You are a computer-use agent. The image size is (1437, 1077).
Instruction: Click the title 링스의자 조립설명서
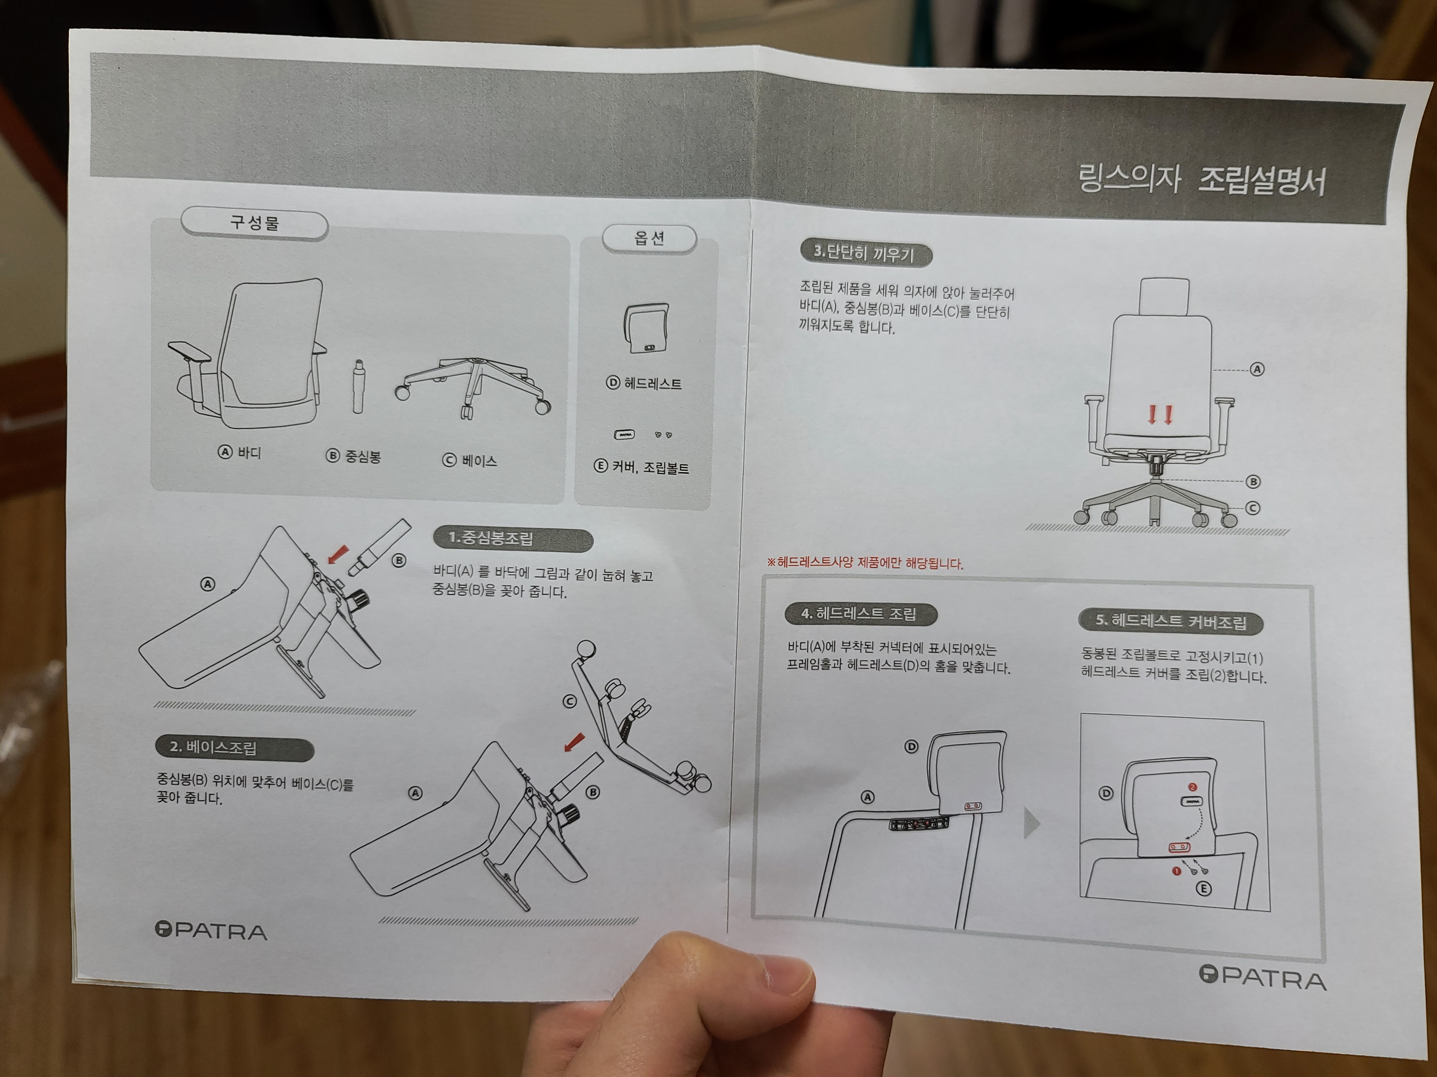tap(1201, 179)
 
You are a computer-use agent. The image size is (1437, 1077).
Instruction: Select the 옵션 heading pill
tap(649, 238)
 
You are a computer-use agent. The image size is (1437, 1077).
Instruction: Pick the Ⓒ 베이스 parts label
tap(469, 460)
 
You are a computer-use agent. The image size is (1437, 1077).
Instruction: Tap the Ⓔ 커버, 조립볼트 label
tap(641, 467)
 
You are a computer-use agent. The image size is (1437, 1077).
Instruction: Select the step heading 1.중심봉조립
tap(513, 539)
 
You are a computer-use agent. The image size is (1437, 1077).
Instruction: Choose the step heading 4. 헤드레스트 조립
tap(861, 614)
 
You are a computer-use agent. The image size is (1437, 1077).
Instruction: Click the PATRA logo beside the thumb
tap(211, 931)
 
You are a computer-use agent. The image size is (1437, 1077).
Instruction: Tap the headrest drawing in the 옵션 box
tap(646, 328)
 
